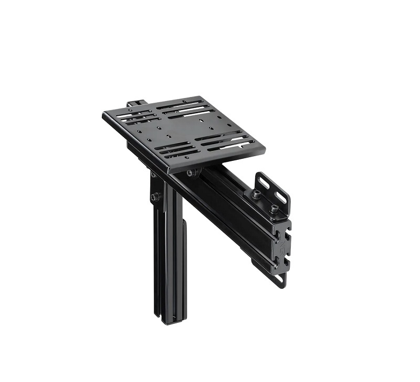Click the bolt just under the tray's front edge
click(193, 172)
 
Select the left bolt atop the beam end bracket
click(257, 194)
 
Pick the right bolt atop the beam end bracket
click(274, 208)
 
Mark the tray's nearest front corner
click(170, 171)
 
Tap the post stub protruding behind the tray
click(135, 104)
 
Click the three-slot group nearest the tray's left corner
click(135, 116)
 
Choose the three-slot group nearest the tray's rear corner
click(182, 108)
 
